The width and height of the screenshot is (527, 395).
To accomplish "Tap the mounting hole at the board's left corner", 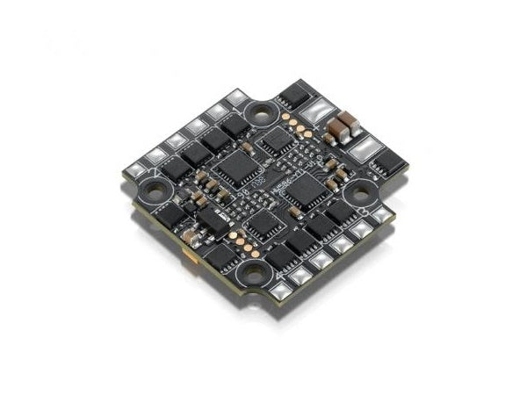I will pos(156,189).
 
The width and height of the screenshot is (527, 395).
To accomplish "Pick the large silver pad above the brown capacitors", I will pos(319,112).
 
